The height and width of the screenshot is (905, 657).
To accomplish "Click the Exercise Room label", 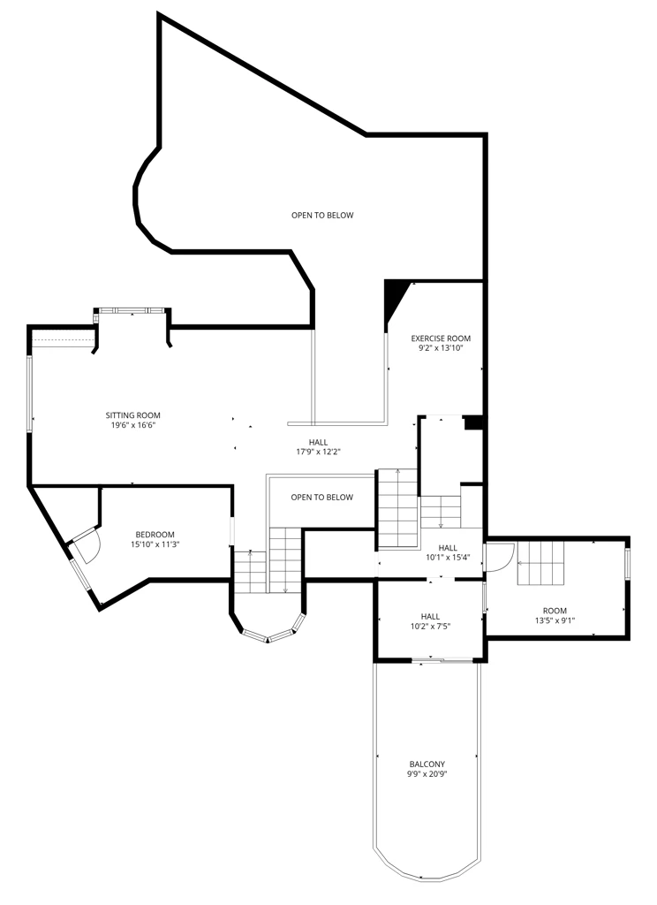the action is pos(441,338).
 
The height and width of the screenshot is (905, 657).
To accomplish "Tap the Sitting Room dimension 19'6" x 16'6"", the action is pos(134,425).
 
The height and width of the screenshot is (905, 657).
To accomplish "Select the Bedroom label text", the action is pos(155,535).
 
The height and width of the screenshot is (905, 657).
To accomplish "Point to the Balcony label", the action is pos(427,764).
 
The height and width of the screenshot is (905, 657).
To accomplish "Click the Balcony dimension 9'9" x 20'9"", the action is pos(427,774).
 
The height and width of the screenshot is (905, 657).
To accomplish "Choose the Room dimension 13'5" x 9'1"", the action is pos(555,620).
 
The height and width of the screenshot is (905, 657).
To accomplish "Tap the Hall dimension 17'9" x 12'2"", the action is pos(319,452).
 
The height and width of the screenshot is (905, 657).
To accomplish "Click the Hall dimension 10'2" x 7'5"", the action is pos(430,627).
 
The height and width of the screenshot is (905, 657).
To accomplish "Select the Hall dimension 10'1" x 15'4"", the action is pos(449,558).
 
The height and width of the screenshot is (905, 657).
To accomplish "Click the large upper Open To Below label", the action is pos(322,216).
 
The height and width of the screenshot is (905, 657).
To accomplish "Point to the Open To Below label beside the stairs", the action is pos(321,497).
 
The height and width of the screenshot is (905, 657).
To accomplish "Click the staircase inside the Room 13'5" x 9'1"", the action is pos(540,563).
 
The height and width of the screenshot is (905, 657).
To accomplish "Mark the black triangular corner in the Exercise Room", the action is pos(395,299).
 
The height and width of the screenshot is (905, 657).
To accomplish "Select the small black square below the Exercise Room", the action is pos(473,423).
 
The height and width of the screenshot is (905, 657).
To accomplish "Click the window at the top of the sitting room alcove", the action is pos(132,310).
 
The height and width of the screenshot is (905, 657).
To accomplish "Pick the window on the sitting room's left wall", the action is pos(29,394).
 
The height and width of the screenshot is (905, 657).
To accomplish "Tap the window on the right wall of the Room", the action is pos(628,563).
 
